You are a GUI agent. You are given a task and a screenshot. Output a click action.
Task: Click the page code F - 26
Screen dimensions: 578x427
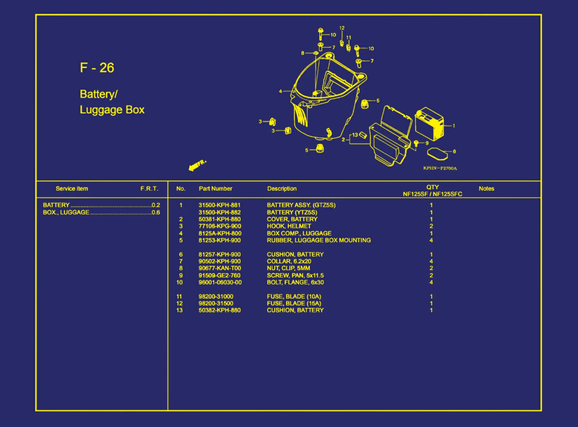[97, 68]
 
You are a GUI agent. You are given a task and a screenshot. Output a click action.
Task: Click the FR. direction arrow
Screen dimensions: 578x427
[197, 166]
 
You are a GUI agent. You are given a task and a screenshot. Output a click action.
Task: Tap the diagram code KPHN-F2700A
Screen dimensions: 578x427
[440, 168]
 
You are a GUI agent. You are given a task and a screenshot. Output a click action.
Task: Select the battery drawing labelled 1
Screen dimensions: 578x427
[429, 124]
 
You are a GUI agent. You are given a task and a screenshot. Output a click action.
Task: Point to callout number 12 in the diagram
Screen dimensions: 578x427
[342, 28]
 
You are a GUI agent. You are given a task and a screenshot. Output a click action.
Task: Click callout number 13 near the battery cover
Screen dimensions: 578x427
[355, 135]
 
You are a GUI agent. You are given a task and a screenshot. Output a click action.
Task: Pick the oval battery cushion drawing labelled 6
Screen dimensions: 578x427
[437, 154]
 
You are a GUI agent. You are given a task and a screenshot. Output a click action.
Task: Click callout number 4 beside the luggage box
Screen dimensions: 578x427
[280, 91]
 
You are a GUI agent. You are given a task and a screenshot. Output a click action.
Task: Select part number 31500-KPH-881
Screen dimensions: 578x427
[219, 205]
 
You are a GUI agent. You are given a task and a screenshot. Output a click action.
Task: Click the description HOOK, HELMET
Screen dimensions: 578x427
[289, 226]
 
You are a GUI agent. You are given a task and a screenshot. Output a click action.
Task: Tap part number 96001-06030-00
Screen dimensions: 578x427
[220, 282]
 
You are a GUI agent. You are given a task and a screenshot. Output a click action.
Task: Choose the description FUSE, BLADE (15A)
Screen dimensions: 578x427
[294, 303]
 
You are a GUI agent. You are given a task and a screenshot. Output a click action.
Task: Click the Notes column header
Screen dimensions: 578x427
[486, 189]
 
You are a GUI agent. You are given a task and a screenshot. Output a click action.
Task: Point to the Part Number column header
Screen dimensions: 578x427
[216, 189]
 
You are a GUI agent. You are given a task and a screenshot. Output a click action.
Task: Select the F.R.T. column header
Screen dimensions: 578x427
[149, 189]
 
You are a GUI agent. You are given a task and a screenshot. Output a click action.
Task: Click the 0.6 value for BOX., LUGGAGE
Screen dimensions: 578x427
[156, 213]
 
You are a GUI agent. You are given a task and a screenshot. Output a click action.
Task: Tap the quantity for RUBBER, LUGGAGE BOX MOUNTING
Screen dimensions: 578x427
[431, 240]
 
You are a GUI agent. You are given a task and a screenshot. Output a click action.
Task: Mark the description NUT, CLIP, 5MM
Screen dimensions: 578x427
[289, 268]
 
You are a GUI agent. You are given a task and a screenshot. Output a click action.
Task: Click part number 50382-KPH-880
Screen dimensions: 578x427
[220, 310]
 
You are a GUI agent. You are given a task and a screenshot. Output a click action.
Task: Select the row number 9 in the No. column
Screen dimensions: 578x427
[181, 275]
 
